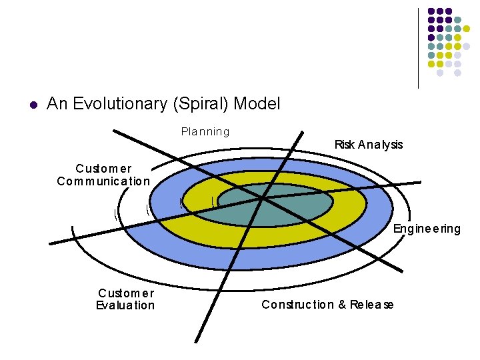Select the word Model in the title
(257, 104)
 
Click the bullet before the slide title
(32, 105)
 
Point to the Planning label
(205, 132)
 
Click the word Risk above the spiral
(344, 145)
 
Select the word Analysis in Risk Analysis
(380, 145)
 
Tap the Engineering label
(427, 229)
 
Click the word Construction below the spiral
(297, 305)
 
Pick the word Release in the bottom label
(371, 305)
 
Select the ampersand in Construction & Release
(341, 305)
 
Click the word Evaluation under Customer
(125, 305)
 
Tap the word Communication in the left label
(103, 181)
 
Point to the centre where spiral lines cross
(262, 198)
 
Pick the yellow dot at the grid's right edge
(467, 29)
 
